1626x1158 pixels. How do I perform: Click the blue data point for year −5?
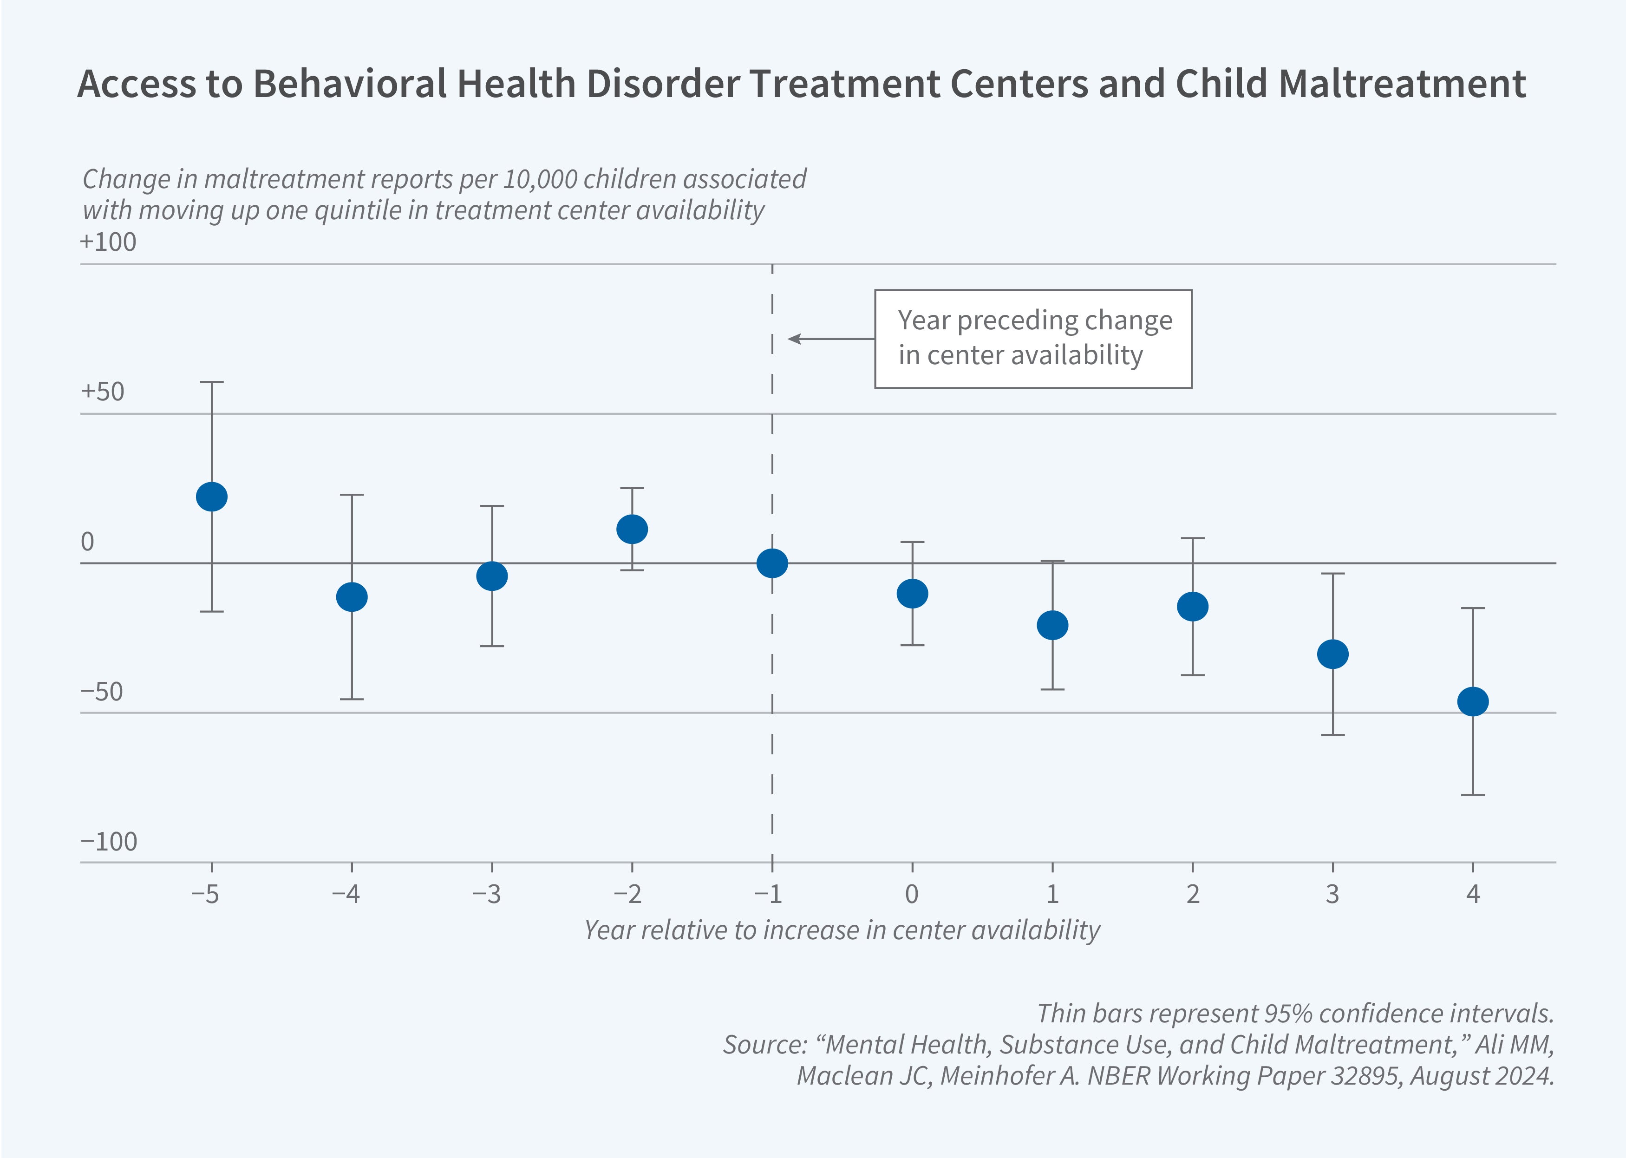(212, 496)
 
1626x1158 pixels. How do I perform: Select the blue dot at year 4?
(1473, 702)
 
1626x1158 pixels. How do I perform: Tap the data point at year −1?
(772, 563)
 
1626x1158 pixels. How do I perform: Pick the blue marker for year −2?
(632, 529)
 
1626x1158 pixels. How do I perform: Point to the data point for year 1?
(1052, 625)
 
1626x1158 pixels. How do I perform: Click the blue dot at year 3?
(1332, 654)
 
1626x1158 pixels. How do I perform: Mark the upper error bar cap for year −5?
(212, 382)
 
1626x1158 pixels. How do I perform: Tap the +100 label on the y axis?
(108, 242)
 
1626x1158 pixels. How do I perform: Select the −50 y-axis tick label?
(102, 692)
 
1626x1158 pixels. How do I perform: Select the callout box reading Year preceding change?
(1033, 339)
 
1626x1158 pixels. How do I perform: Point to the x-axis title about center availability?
(842, 930)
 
